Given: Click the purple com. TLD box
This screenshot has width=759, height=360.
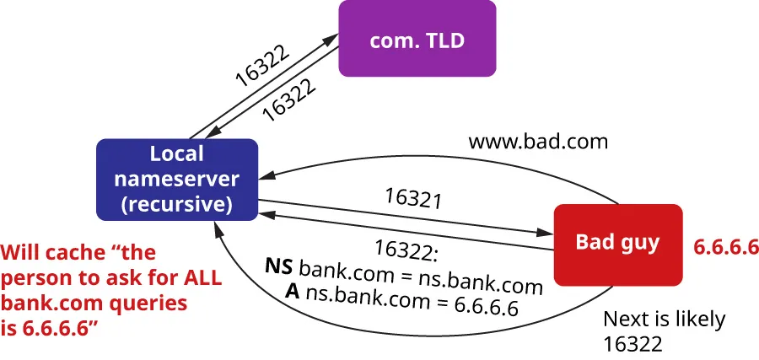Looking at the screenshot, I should tap(417, 38).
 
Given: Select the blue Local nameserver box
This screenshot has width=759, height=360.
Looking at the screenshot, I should tap(176, 179).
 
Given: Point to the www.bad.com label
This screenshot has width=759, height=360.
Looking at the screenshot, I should tap(538, 142).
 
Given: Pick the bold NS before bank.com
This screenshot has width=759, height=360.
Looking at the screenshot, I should tap(280, 267).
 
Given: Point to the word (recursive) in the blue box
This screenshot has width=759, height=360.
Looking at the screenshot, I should tap(177, 204).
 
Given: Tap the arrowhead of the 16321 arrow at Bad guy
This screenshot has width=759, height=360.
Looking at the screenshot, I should tap(546, 230).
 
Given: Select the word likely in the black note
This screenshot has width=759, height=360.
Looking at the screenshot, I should tap(697, 320).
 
